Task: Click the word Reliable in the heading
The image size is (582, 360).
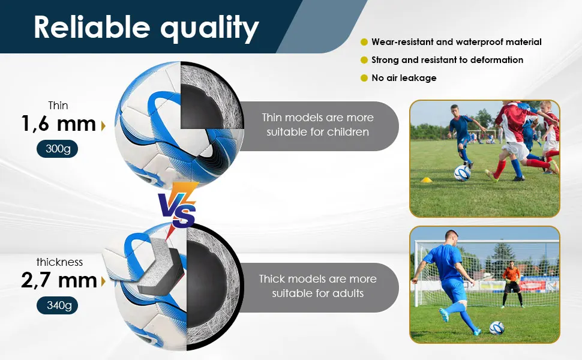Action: (92, 27)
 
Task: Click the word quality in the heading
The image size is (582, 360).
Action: (209, 29)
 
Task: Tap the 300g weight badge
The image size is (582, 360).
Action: (57, 149)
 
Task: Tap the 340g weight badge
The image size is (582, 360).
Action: (57, 305)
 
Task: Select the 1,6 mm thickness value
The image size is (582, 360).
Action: (58, 124)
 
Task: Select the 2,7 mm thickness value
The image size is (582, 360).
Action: (59, 280)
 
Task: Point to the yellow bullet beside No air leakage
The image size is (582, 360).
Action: (364, 78)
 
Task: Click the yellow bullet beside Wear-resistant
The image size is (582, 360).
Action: (364, 42)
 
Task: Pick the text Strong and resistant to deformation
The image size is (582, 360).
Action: (447, 60)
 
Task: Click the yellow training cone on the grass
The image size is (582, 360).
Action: (427, 180)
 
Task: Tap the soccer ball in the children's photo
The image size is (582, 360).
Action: (463, 173)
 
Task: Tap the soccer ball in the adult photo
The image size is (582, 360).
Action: (497, 328)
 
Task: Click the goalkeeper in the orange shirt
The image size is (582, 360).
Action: (511, 284)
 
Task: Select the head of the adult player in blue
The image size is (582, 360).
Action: (451, 237)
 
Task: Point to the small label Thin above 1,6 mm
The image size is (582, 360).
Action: (58, 106)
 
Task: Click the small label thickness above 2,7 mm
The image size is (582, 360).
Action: (59, 262)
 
